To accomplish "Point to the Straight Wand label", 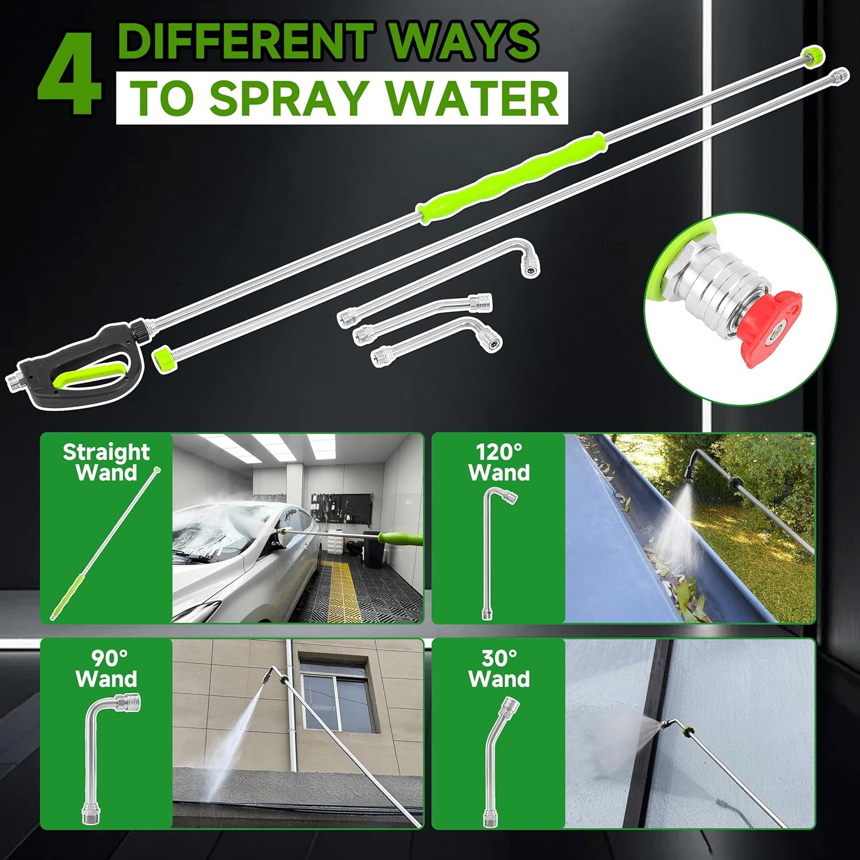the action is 106,463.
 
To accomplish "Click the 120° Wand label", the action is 499,463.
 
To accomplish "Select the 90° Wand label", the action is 106,669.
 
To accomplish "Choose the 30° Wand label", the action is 499,669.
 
